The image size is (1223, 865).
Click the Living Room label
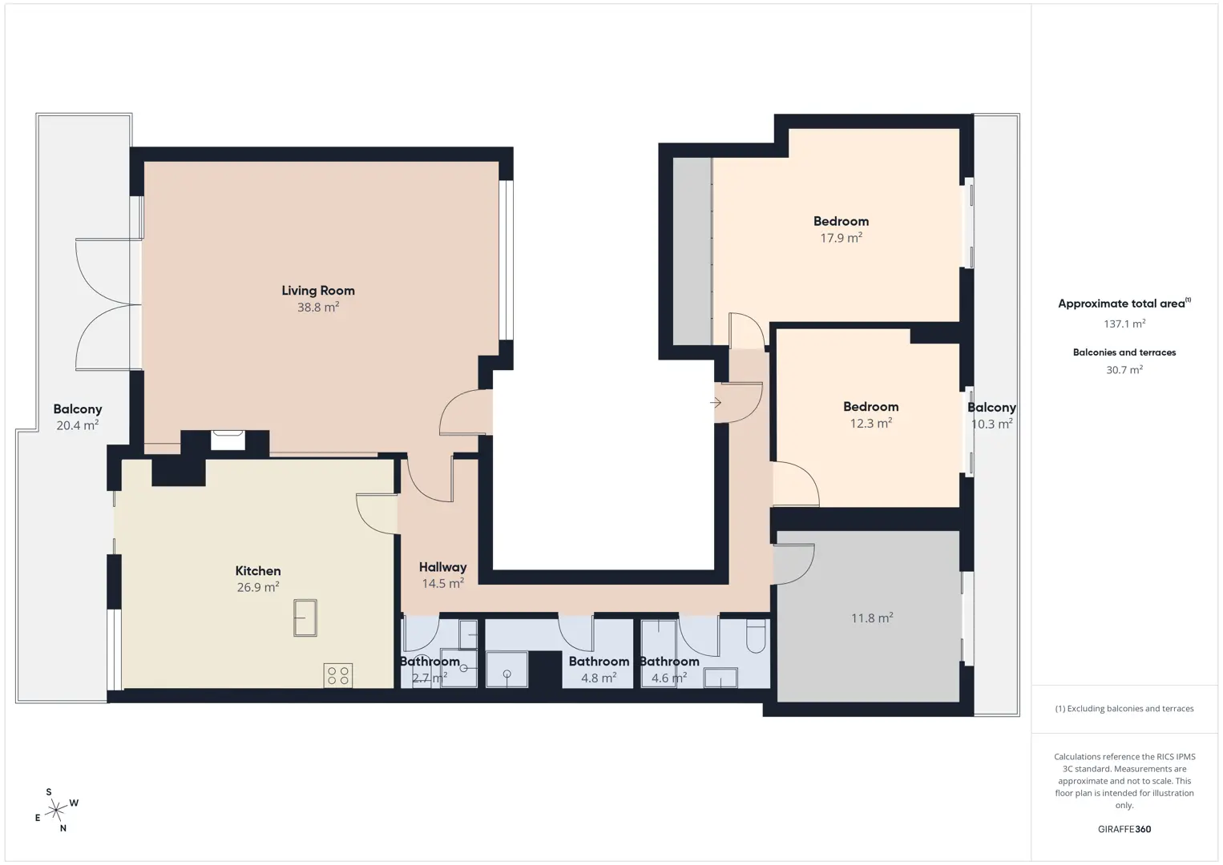pyautogui.click(x=317, y=290)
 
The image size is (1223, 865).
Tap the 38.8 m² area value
pyautogui.click(x=317, y=307)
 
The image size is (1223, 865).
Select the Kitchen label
pyautogui.click(x=258, y=571)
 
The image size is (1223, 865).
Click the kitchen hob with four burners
pyautogui.click(x=338, y=675)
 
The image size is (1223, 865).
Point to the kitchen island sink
pyautogui.click(x=305, y=618)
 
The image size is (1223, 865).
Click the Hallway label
pyautogui.click(x=442, y=567)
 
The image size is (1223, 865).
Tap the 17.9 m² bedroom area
pyautogui.click(x=841, y=237)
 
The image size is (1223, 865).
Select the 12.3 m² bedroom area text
pyautogui.click(x=871, y=423)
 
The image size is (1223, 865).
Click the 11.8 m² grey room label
pyautogui.click(x=872, y=618)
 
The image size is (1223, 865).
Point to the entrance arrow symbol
pyautogui.click(x=715, y=403)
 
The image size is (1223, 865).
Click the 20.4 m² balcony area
pyautogui.click(x=78, y=425)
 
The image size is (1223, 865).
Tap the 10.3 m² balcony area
pyautogui.click(x=992, y=424)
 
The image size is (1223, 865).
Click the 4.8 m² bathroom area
pyautogui.click(x=599, y=678)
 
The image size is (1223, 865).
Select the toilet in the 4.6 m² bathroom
pyautogui.click(x=756, y=636)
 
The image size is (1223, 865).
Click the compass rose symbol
pyautogui.click(x=56, y=811)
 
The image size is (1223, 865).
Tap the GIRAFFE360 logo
pyautogui.click(x=1124, y=829)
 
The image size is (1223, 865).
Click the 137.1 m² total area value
pyautogui.click(x=1124, y=324)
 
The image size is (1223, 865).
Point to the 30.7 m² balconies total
pyautogui.click(x=1124, y=369)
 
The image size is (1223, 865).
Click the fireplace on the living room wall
pyautogui.click(x=228, y=440)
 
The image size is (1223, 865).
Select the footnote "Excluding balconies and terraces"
pyautogui.click(x=1130, y=708)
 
